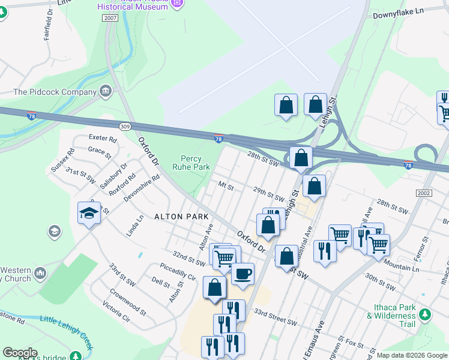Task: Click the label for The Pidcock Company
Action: pos(55,92)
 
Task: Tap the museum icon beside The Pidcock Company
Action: pos(106,92)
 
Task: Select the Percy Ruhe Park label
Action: pos(191,163)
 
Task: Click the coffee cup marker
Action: pos(243,274)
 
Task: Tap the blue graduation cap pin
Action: pos(89,213)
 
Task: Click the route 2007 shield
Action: pos(110,19)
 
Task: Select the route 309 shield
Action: pos(125,127)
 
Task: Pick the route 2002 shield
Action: pos(424,193)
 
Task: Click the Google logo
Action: pos(20,353)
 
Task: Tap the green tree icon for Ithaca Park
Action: pos(425,314)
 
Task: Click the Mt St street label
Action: pos(226,186)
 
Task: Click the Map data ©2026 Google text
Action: pos(412,355)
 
